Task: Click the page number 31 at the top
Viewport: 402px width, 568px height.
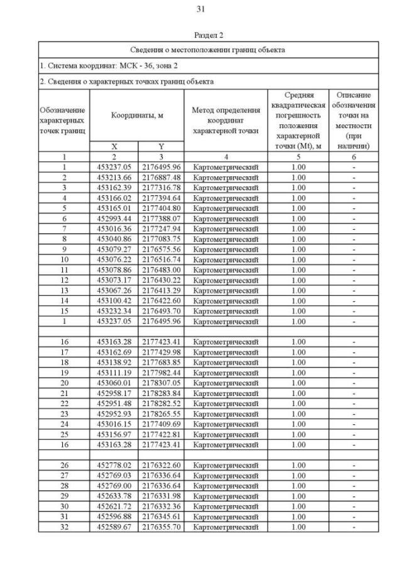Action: pyautogui.click(x=201, y=9)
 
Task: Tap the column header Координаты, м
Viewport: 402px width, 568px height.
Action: pyautogui.click(x=137, y=115)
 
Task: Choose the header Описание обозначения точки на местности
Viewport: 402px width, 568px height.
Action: pyautogui.click(x=354, y=120)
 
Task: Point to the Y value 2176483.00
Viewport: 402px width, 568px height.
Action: pyautogui.click(x=161, y=269)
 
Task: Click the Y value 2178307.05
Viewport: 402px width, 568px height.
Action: pyautogui.click(x=161, y=383)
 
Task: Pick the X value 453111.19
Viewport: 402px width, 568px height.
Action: pyautogui.click(x=114, y=373)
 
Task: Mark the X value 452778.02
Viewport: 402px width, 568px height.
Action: pyautogui.click(x=114, y=465)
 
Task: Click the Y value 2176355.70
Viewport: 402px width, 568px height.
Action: pyautogui.click(x=161, y=527)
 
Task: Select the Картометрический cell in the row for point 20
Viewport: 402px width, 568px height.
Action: pyautogui.click(x=225, y=383)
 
